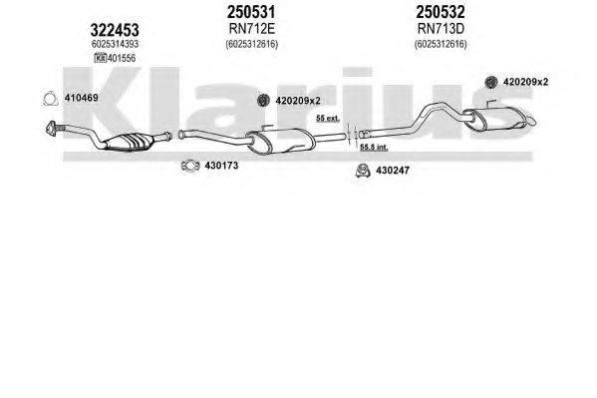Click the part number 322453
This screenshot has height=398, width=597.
click(115, 30)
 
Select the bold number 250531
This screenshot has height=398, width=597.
click(251, 12)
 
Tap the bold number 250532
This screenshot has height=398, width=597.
click(441, 12)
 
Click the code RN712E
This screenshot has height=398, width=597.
click(252, 29)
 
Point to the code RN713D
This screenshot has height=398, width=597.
click(441, 29)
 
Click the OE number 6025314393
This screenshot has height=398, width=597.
click(115, 44)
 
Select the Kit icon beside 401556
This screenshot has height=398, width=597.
click(100, 58)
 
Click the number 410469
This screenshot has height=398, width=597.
click(81, 98)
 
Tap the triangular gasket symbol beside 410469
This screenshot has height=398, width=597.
click(50, 99)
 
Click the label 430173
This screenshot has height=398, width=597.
click(221, 166)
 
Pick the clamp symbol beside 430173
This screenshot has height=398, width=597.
click(190, 166)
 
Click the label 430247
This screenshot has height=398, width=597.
click(393, 171)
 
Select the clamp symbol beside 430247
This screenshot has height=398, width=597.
click(363, 171)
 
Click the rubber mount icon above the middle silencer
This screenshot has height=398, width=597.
click(263, 101)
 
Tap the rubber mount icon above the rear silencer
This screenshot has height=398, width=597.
click(491, 82)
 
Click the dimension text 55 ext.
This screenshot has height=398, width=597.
click(328, 118)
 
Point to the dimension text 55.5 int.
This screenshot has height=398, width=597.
click(374, 148)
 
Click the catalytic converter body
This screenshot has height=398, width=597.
click(130, 142)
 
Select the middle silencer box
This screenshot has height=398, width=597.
click(281, 141)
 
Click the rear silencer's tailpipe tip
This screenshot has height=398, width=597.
click(532, 122)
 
